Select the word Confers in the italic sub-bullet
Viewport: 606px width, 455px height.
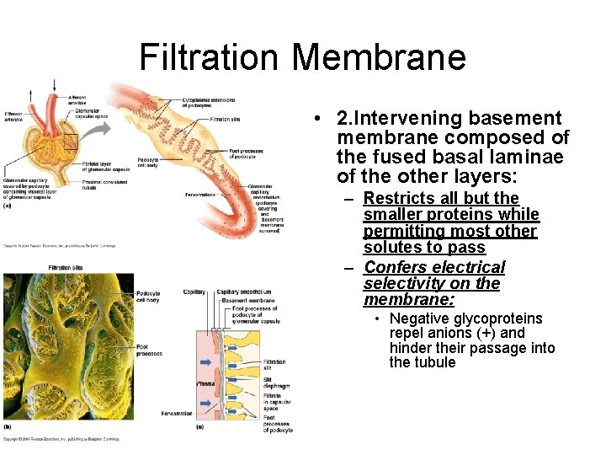392,267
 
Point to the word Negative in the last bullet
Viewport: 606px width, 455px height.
423,318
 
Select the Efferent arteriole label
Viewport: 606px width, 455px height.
14,116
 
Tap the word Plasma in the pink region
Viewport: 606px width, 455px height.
206,383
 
